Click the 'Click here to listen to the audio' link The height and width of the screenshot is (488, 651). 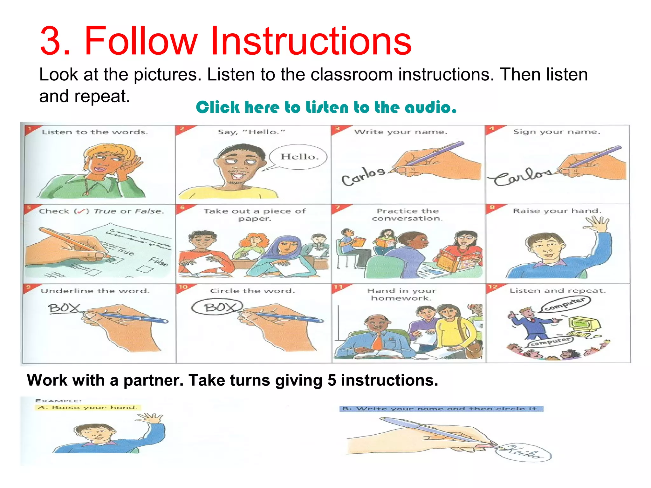tap(326, 107)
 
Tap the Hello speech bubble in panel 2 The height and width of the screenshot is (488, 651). tap(298, 157)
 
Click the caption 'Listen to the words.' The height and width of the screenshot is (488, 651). tap(95, 132)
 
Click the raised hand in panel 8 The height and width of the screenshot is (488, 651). tap(597, 224)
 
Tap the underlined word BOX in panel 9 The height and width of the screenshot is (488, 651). tap(64, 308)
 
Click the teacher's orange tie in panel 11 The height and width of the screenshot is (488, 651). tap(377, 342)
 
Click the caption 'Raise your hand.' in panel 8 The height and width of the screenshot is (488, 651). tap(557, 211)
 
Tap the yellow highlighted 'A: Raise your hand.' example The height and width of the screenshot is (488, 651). tap(87, 408)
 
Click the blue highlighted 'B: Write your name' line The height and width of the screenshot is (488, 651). tap(441, 409)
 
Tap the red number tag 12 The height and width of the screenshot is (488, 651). tap(493, 287)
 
